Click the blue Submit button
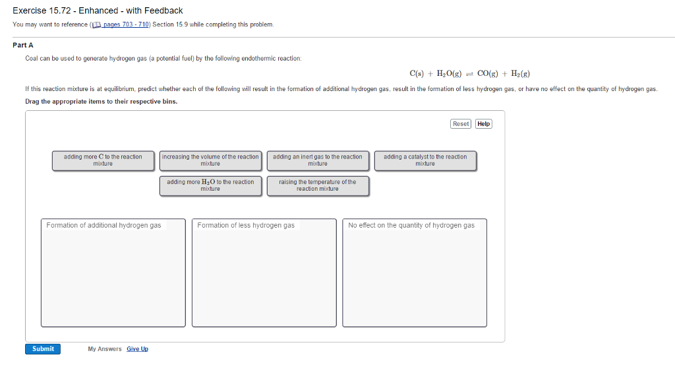[x=43, y=349]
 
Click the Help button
[x=483, y=124]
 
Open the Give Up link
[x=137, y=349]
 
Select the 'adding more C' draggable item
[x=103, y=161]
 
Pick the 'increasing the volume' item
[x=210, y=161]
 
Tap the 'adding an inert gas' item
[x=318, y=161]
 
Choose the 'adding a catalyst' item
[x=425, y=161]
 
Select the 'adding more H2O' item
[x=210, y=185]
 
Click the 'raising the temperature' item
[x=318, y=185]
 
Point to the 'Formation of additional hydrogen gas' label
[x=103, y=225]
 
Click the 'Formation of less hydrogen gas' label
[x=246, y=225]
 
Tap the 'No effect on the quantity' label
[x=411, y=225]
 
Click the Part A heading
[x=23, y=46]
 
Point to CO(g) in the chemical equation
[x=487, y=74]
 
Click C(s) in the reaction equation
[x=417, y=74]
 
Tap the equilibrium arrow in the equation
[x=469, y=74]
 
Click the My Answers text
[x=105, y=349]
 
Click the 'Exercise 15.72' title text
[x=42, y=11]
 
